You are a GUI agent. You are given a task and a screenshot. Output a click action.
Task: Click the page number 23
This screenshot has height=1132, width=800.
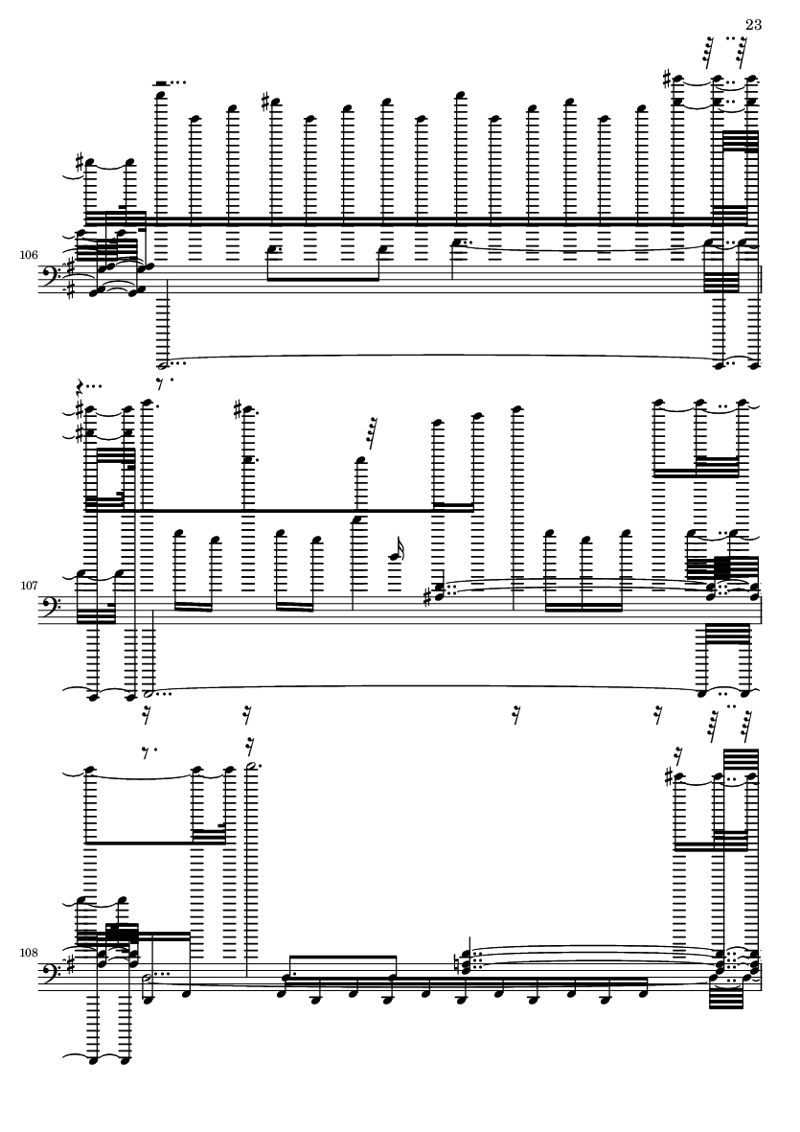coord(753,25)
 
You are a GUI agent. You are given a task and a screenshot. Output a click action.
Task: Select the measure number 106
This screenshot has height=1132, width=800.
coord(29,255)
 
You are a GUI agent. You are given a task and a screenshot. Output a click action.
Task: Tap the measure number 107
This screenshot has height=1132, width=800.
coord(29,586)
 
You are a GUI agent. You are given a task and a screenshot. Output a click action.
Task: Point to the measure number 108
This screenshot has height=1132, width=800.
coord(29,952)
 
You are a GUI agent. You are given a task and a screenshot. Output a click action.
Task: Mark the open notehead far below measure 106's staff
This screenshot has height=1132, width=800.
coord(162,365)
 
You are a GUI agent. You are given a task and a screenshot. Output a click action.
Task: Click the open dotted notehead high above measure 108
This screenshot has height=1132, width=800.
coord(251,767)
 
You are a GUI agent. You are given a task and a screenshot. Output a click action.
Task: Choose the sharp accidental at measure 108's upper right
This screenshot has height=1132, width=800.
coord(669,776)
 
